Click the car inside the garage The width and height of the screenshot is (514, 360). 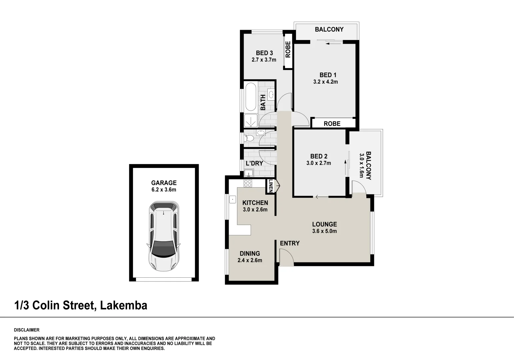point(164,236)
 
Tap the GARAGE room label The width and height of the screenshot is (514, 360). point(164,183)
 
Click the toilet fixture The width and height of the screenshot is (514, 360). point(249,137)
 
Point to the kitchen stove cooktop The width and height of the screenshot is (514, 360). point(248,183)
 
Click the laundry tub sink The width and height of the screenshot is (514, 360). point(248,173)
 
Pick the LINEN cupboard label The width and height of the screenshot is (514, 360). point(271,186)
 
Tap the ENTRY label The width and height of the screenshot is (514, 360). point(289,243)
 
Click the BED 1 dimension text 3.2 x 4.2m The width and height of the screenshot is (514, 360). point(325,82)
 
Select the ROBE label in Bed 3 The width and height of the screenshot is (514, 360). point(288,49)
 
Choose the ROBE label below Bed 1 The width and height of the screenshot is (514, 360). point(332,124)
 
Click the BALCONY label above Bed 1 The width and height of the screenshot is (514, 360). point(329,29)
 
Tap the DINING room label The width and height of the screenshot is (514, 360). point(250,254)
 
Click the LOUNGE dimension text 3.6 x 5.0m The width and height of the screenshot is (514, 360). point(324,231)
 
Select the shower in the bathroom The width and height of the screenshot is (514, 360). point(251,120)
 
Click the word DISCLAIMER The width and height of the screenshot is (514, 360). point(27,330)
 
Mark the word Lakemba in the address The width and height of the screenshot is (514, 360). point(124,305)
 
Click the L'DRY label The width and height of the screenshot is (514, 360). point(254,163)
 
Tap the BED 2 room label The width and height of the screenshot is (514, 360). point(319,156)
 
